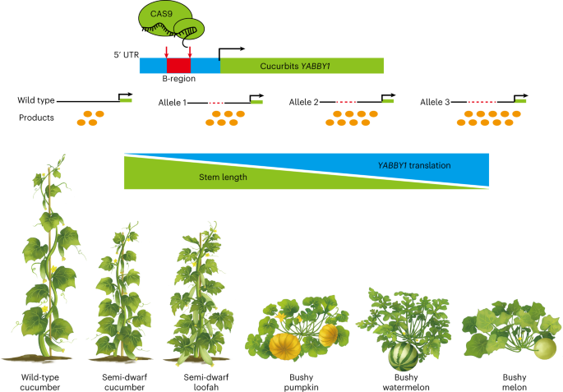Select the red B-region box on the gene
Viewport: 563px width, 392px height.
178,66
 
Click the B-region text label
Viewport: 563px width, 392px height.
178,83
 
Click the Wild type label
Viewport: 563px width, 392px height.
36,100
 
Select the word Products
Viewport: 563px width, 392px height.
36,118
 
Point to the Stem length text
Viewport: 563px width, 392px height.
223,176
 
